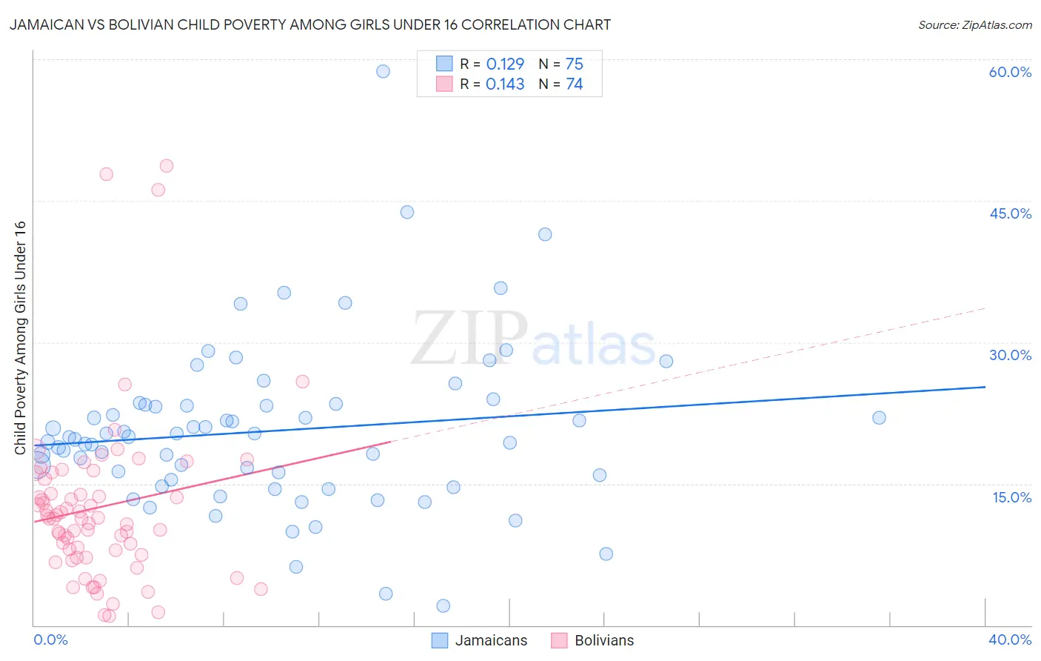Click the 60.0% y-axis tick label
(1010, 72)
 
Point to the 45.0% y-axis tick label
(1010, 213)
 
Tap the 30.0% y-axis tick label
(1010, 355)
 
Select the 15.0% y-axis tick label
(1011, 497)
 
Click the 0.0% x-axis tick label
(50, 640)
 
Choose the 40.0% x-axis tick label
(1010, 640)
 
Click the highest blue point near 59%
(383, 71)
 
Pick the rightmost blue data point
(879, 418)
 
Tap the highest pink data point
(167, 166)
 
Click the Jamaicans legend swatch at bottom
(440, 640)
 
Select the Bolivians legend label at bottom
(604, 640)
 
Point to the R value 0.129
(505, 64)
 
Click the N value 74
(575, 84)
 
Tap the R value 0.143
(505, 84)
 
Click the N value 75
(575, 64)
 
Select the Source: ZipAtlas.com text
(974, 25)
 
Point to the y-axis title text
(20, 338)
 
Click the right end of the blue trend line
(985, 387)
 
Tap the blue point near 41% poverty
(545, 234)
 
